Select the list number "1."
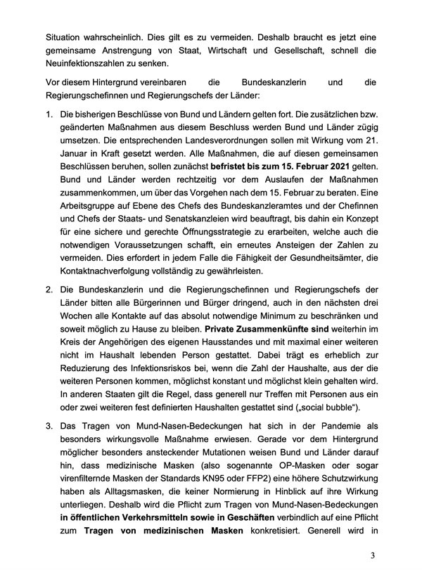49,114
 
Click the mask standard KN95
234,484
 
